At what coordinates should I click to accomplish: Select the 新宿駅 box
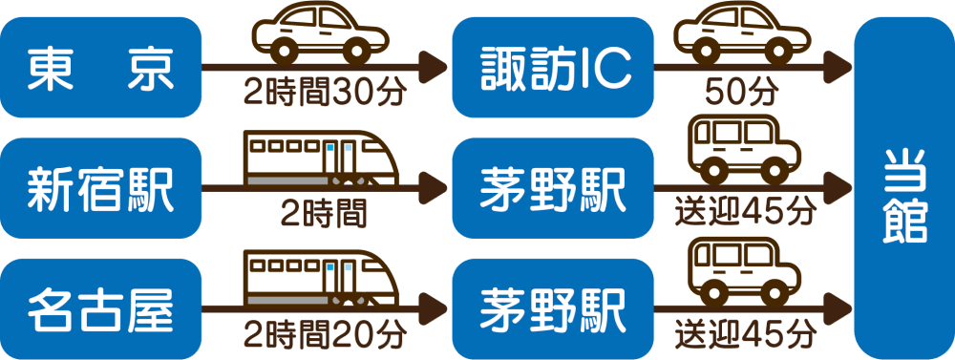pyautogui.click(x=101, y=188)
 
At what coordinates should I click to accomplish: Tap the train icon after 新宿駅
pyautogui.click(x=319, y=158)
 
